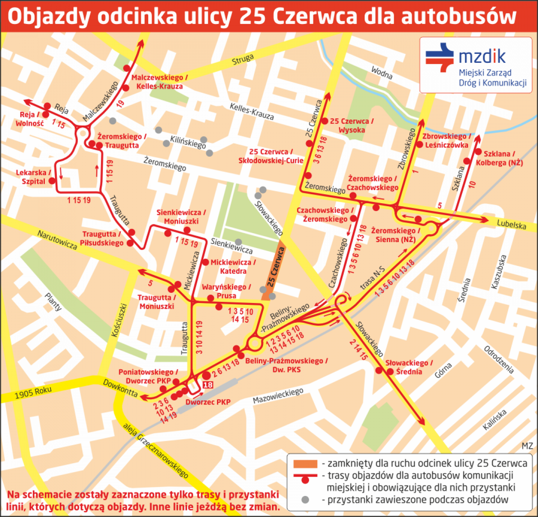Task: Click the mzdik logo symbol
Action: (439, 58)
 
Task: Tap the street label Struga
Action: (243, 60)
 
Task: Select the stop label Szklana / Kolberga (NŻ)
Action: (500, 158)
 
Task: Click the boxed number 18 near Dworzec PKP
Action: (208, 385)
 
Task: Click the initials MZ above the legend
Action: (527, 446)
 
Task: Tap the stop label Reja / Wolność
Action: (29, 119)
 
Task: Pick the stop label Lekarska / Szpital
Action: (31, 177)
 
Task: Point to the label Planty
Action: (53, 302)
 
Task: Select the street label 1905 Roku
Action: (33, 392)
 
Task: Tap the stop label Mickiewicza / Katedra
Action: (233, 267)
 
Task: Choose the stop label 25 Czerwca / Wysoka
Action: (352, 125)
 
